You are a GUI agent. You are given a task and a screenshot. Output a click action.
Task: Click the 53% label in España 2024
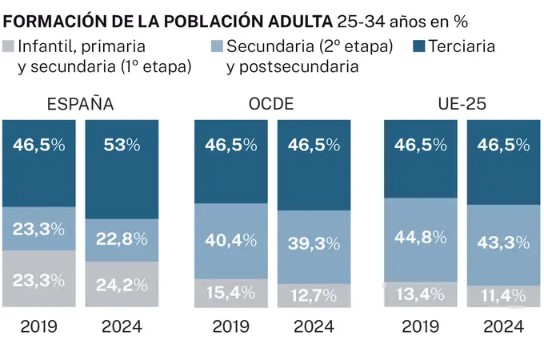point(122,145)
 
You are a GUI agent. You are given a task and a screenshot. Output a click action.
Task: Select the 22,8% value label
point(122,239)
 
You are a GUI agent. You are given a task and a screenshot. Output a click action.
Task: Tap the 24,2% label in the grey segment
point(122,284)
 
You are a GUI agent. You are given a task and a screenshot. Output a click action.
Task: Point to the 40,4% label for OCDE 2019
point(230,239)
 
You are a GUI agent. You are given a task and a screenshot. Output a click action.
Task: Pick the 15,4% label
point(230,294)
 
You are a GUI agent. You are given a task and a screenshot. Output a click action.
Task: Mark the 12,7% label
point(313,295)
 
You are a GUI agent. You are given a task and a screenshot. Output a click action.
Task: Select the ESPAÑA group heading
point(80,104)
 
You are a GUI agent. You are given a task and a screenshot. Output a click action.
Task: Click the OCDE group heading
point(272,104)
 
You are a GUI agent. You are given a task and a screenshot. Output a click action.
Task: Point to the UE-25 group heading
point(462,104)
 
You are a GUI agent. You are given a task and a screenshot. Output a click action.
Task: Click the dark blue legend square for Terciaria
point(419,46)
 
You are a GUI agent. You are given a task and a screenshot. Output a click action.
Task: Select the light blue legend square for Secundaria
point(217,46)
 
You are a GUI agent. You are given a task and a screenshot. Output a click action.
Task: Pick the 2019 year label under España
point(39,326)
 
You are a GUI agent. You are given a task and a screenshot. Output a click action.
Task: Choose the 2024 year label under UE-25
point(502,326)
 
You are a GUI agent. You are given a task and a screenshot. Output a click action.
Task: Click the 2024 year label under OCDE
point(313,326)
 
